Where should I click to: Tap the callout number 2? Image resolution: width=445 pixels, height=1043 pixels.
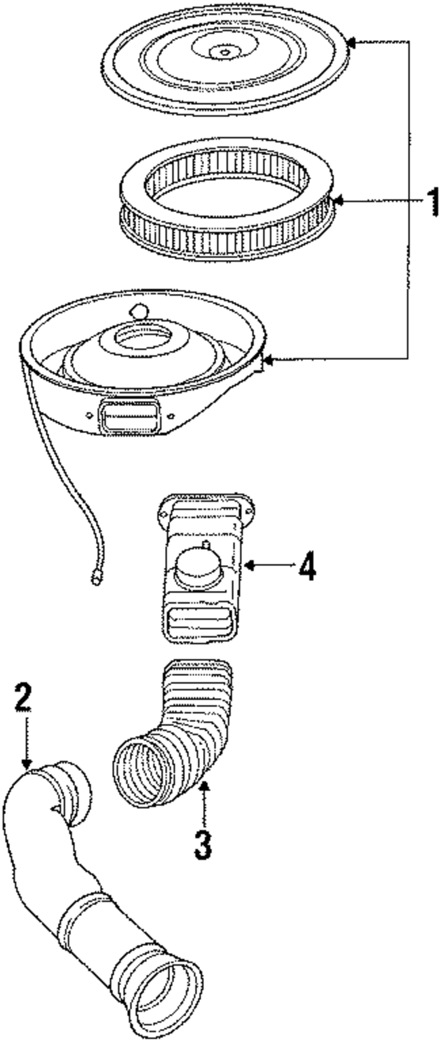[x=23, y=698]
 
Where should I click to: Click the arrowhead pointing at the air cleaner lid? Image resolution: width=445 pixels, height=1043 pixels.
[x=351, y=43]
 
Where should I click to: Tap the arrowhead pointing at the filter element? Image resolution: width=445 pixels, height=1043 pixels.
[x=337, y=201]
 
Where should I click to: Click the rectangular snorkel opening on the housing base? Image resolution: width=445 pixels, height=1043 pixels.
[x=129, y=415]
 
